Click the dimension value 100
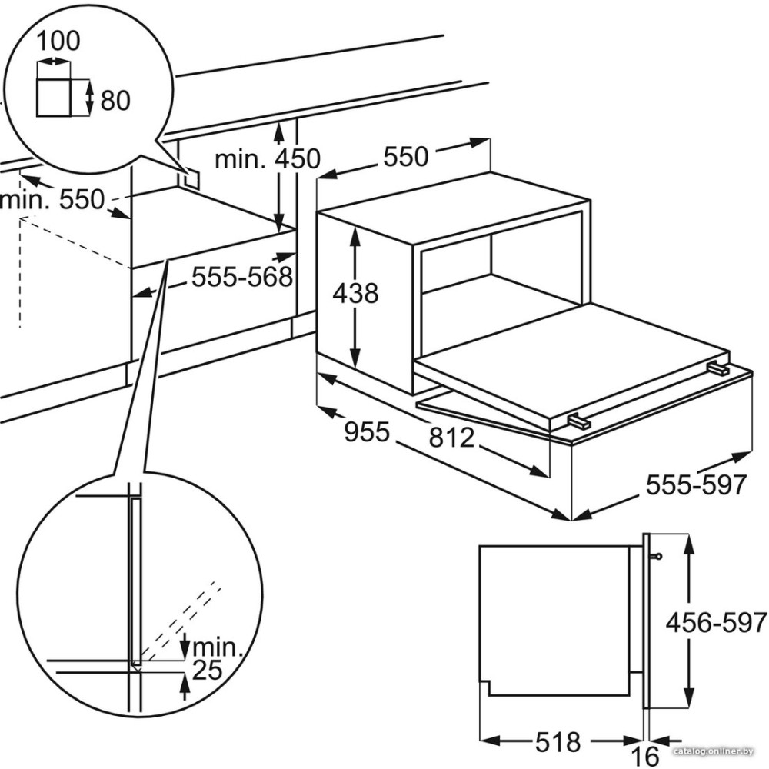pyautogui.click(x=58, y=42)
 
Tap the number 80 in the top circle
pyautogui.click(x=115, y=101)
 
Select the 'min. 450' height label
pyautogui.click(x=268, y=159)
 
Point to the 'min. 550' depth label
pyautogui.click(x=52, y=201)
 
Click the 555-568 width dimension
pyautogui.click(x=241, y=277)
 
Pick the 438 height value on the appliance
pyautogui.click(x=355, y=294)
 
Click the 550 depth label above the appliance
pyautogui.click(x=406, y=157)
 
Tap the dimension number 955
pyautogui.click(x=367, y=432)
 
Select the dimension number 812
pyautogui.click(x=451, y=438)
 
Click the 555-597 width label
pyautogui.click(x=696, y=485)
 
